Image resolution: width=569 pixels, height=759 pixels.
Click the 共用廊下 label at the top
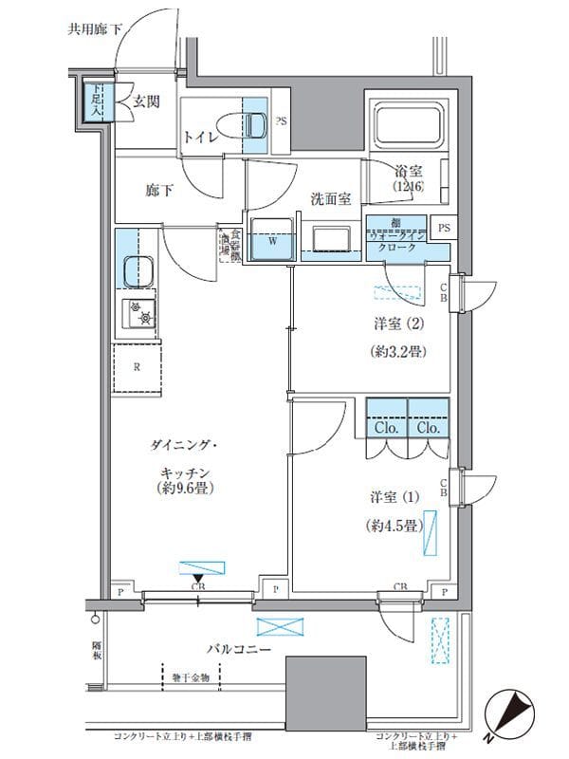click(96, 29)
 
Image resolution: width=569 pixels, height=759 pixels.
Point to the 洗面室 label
click(332, 198)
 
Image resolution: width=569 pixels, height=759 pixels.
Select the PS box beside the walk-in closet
click(442, 229)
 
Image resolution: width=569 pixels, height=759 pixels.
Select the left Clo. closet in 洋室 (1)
click(387, 426)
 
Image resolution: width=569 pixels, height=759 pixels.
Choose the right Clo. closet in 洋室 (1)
click(428, 426)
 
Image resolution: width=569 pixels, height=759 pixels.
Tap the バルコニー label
click(240, 649)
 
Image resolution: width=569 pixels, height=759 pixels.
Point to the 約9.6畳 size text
click(184, 490)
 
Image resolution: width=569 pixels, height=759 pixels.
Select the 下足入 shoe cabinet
click(96, 101)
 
